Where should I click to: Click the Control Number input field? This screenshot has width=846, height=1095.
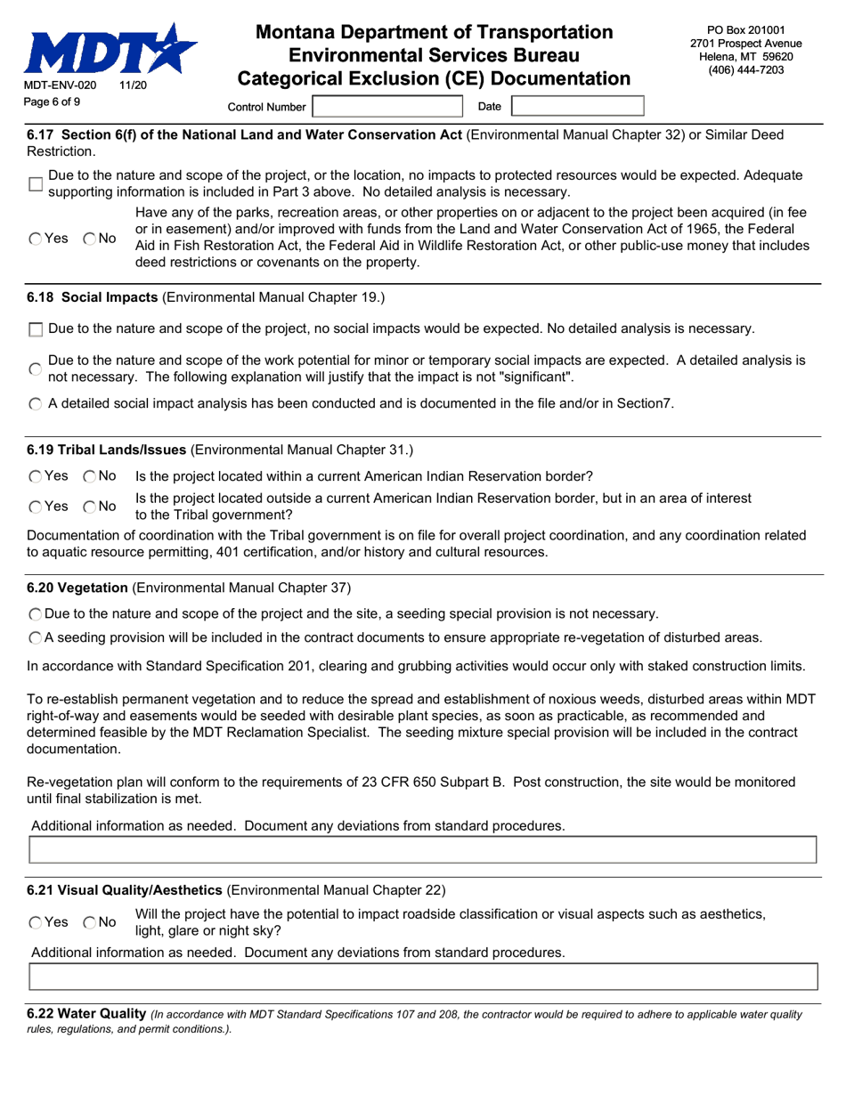click(x=387, y=107)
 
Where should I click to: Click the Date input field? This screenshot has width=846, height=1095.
click(x=577, y=107)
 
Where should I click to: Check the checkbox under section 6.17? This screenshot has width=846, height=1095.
click(x=36, y=184)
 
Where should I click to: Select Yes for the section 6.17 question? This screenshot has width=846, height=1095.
click(x=35, y=239)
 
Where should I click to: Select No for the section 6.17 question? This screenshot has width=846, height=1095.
click(x=90, y=239)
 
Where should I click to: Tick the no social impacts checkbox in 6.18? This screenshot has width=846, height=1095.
click(x=36, y=329)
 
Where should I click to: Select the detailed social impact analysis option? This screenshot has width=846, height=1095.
click(x=35, y=404)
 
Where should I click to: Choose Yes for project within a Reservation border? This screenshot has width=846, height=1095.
click(x=35, y=476)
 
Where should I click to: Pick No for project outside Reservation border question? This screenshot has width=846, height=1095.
click(x=90, y=507)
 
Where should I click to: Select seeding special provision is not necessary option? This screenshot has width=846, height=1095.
click(x=35, y=614)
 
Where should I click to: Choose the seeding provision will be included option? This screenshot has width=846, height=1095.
click(x=35, y=637)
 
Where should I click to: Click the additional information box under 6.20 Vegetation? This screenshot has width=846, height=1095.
click(x=423, y=850)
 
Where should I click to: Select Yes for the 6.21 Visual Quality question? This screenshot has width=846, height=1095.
click(x=35, y=923)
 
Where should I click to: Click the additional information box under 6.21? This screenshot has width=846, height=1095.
click(x=423, y=977)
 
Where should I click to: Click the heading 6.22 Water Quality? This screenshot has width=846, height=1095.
click(x=86, y=1013)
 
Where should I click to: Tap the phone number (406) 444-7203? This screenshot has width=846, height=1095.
click(x=745, y=70)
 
